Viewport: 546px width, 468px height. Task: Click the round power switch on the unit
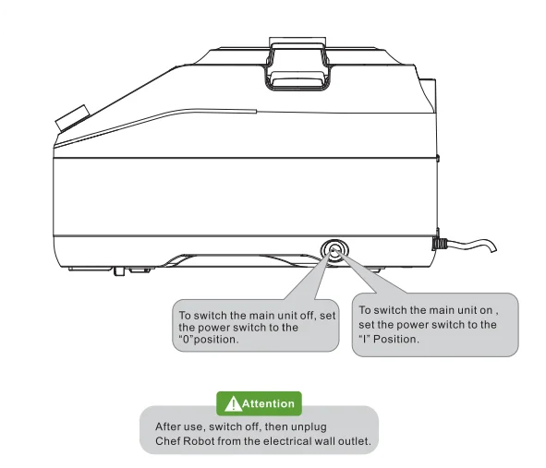tap(333, 250)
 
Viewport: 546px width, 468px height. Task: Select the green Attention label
tap(258, 403)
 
